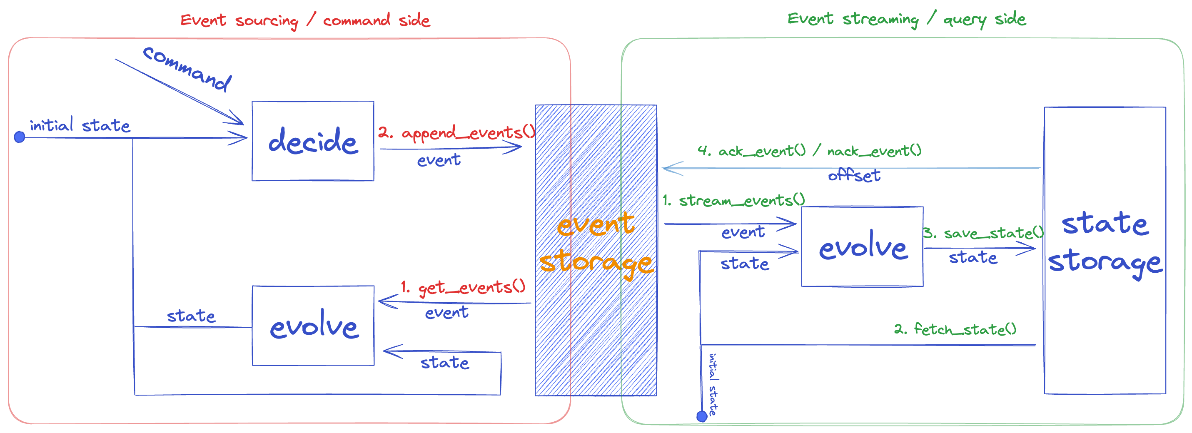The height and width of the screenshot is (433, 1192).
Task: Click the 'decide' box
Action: point(313,141)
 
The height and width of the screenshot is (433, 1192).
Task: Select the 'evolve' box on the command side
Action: point(313,326)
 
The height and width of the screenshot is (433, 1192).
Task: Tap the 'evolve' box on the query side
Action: point(862,246)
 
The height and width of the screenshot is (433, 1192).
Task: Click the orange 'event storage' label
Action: point(596,244)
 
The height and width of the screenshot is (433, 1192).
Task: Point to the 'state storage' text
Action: point(1105,243)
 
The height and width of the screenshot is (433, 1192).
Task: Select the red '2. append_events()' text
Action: point(456,133)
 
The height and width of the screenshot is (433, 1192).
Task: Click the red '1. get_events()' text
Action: point(463,287)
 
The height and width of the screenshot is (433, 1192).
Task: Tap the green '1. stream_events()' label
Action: point(734,201)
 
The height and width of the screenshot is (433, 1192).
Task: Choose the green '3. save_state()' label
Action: point(984,233)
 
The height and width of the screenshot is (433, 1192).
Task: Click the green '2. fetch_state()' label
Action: point(955,329)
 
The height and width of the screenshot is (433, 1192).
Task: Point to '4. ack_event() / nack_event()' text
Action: point(809,151)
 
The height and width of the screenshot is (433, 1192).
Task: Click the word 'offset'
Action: point(854,175)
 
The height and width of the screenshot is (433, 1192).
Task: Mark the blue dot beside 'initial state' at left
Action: point(20,137)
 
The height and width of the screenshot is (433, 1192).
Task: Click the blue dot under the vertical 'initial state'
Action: point(702,417)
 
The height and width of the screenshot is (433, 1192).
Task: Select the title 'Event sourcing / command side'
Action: point(305,20)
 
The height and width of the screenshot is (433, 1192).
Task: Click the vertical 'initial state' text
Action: point(713,384)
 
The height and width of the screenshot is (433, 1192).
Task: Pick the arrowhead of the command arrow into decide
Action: point(239,121)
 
